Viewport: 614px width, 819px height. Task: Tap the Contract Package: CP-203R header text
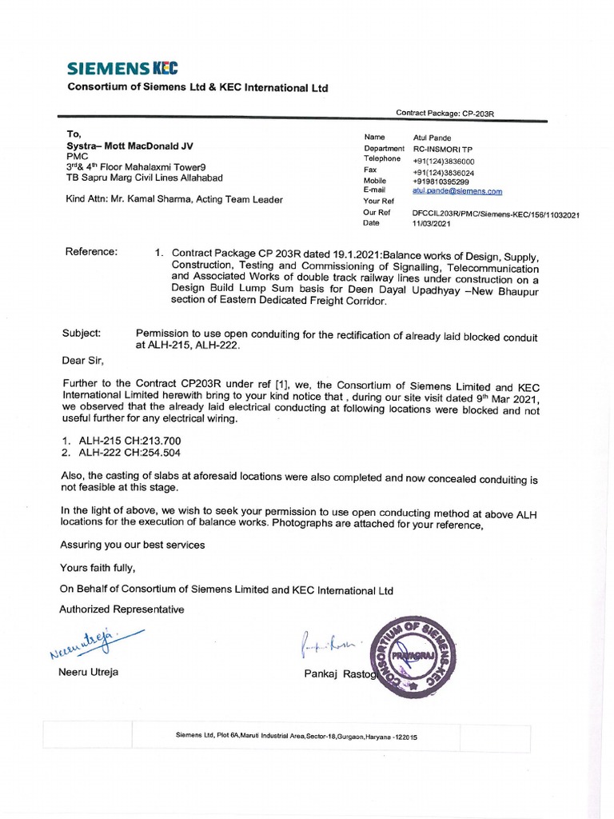click(445, 114)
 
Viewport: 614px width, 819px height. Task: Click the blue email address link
click(457, 191)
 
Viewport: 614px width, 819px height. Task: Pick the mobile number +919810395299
click(443, 182)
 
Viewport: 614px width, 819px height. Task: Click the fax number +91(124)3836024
click(443, 172)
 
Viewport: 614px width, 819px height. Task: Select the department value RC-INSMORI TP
click(444, 149)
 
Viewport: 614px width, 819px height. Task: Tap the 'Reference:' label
click(91, 252)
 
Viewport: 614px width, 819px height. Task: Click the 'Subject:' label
click(82, 332)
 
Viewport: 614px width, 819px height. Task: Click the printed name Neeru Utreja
click(88, 672)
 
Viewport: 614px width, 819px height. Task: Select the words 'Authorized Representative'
click(122, 609)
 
